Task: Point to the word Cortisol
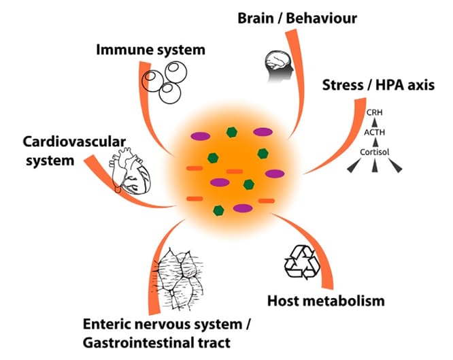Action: (x=372, y=152)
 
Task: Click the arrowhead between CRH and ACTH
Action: (x=372, y=123)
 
